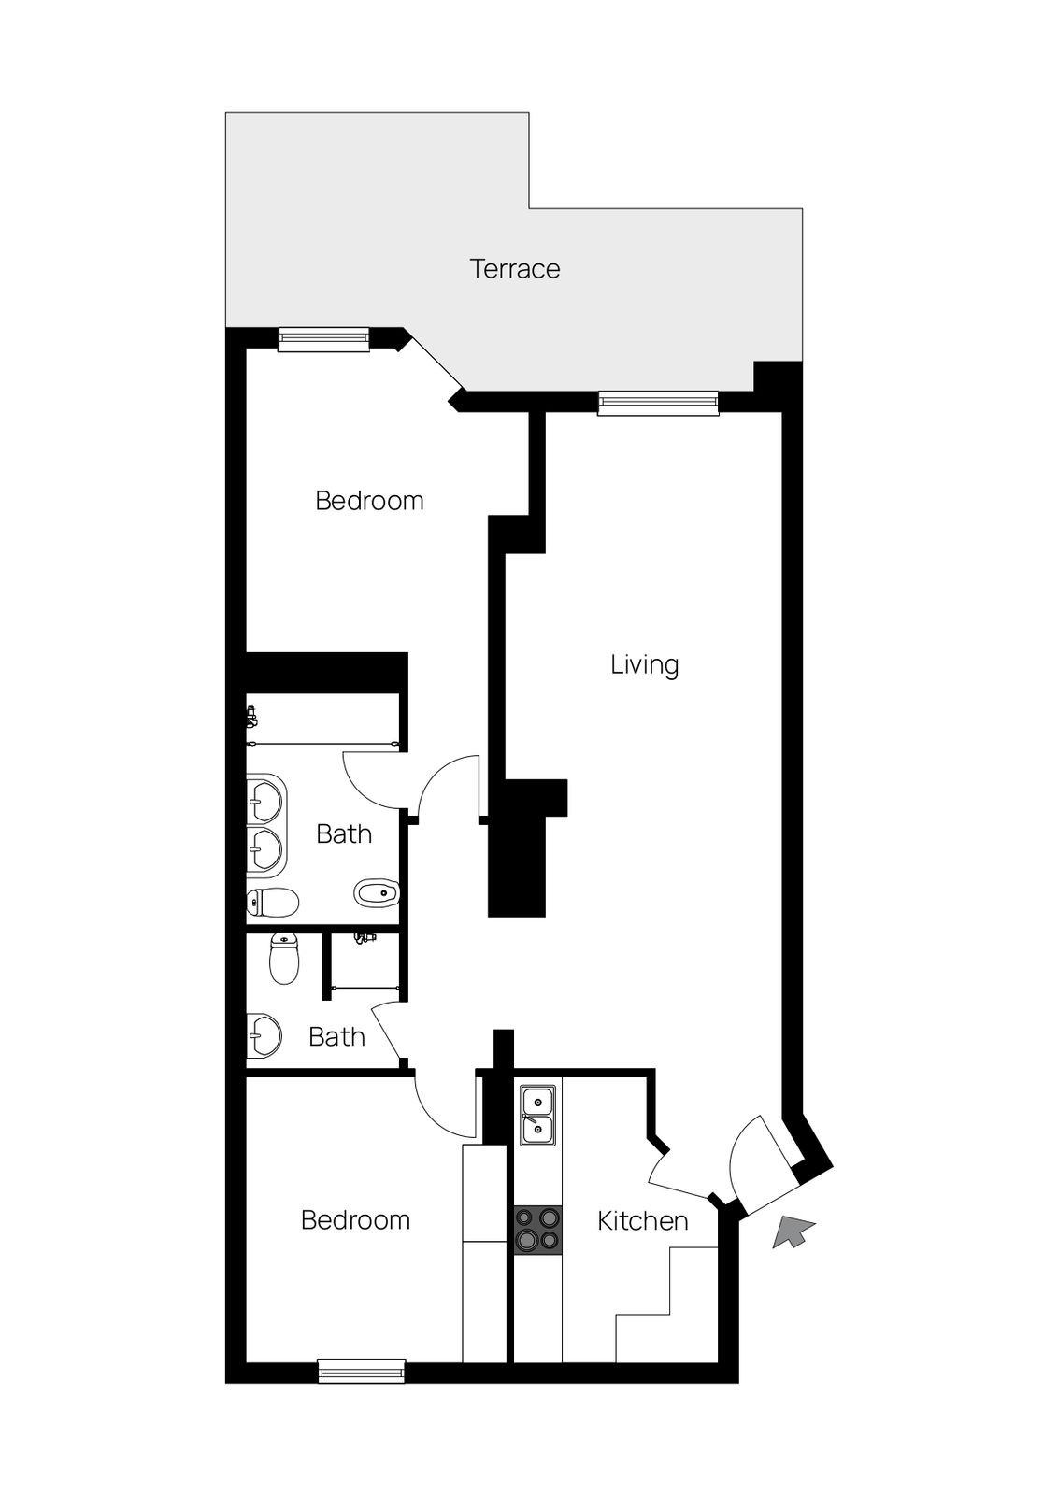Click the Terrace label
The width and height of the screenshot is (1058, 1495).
click(515, 269)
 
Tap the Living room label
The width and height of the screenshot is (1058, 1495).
click(644, 665)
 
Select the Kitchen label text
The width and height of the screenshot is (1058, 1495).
click(642, 1220)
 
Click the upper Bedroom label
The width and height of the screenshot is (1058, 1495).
click(369, 501)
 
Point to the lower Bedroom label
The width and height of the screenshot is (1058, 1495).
click(355, 1220)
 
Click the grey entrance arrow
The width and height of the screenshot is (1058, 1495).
click(793, 1232)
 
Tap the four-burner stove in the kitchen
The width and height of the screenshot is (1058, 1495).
click(537, 1229)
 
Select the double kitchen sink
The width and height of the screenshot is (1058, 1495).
click(537, 1115)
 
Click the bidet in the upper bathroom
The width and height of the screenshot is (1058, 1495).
click(377, 892)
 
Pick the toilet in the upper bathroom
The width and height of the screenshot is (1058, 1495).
click(273, 902)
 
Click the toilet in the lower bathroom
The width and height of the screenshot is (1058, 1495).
click(284, 958)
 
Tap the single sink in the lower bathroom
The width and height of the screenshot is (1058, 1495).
click(264, 1035)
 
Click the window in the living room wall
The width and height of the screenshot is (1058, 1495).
click(659, 403)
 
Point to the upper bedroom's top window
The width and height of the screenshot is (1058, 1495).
click(324, 339)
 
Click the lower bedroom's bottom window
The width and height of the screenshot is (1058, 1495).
click(362, 1371)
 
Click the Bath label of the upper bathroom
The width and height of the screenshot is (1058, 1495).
click(344, 833)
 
